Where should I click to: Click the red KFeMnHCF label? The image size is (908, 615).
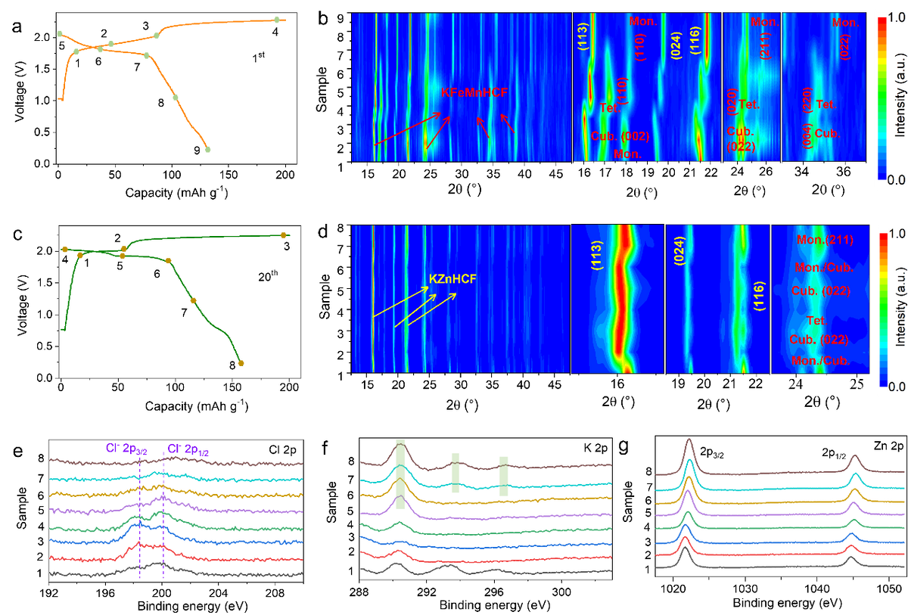(x=474, y=92)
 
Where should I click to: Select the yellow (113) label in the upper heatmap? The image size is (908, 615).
(x=583, y=35)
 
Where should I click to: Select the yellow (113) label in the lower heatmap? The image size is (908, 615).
(x=596, y=255)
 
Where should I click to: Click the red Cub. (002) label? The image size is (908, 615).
(x=620, y=136)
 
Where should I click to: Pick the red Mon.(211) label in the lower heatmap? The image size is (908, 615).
(x=825, y=241)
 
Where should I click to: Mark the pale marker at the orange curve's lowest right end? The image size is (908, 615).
(x=208, y=149)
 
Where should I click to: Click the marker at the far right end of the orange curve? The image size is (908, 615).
(x=277, y=19)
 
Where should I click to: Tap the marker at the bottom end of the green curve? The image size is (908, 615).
(x=241, y=363)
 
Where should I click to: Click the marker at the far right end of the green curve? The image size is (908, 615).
(x=284, y=235)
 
